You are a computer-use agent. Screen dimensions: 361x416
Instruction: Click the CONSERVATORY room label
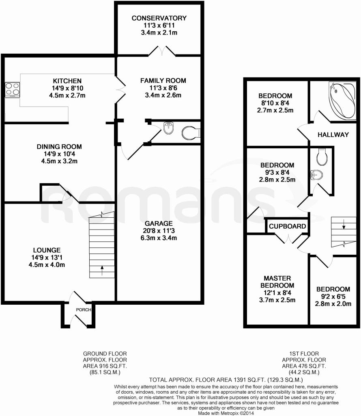tap(159, 18)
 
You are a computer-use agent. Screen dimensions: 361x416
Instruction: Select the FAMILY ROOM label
tap(163, 81)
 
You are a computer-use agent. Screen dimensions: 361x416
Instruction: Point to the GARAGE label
tap(159, 223)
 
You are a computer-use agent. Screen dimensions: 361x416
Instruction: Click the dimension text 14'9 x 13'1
tap(47, 257)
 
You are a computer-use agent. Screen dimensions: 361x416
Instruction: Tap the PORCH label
tap(84, 310)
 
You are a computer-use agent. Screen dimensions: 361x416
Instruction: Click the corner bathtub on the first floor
tap(342, 100)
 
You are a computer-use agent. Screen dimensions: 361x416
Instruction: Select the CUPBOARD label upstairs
tap(287, 226)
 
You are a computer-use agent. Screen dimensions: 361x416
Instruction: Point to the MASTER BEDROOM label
tap(277, 282)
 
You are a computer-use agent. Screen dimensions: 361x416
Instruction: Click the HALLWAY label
tap(333, 134)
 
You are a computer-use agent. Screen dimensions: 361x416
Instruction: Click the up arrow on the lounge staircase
tap(102, 270)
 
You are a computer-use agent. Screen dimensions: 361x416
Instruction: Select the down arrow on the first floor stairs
tap(344, 224)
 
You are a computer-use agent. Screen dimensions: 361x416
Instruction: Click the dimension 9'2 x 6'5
tap(333, 297)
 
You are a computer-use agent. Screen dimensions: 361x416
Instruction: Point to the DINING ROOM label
tap(59, 147)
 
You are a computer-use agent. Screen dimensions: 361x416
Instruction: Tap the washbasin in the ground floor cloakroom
tap(168, 128)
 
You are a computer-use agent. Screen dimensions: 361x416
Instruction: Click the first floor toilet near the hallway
tap(322, 157)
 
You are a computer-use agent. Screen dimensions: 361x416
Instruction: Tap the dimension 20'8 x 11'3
tap(159, 231)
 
